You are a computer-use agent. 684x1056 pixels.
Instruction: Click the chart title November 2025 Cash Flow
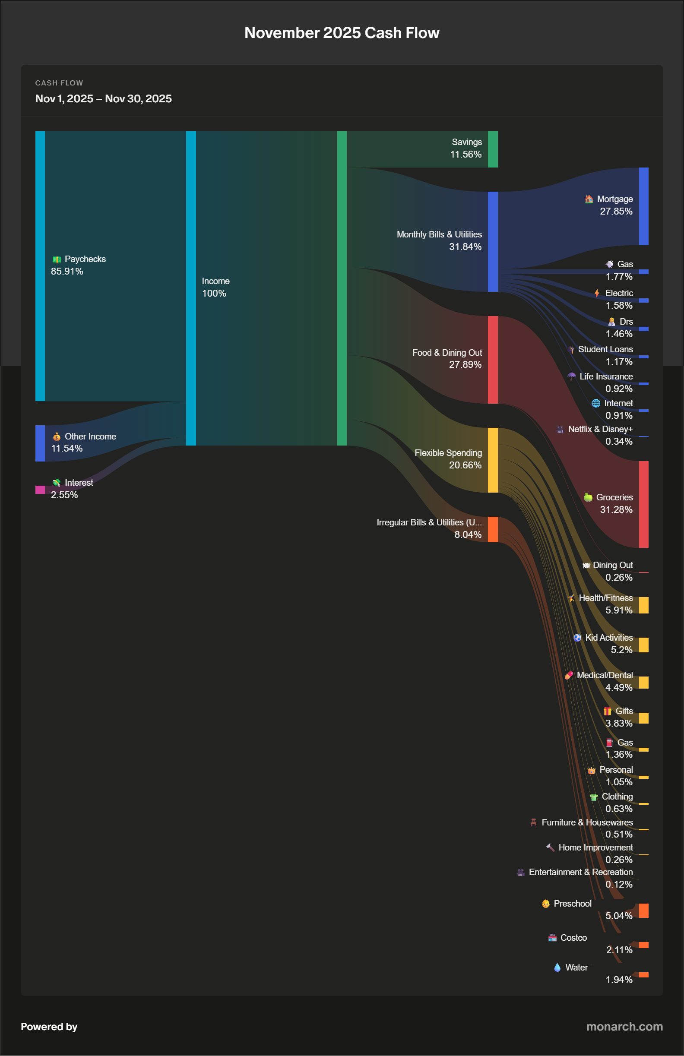tap(341, 33)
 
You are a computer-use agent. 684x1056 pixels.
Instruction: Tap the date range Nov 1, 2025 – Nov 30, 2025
tap(104, 98)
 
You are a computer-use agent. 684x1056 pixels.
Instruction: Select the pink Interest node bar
tap(40, 490)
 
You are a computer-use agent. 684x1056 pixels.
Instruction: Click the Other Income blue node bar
tap(40, 443)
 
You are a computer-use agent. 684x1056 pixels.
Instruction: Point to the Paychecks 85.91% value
tap(67, 271)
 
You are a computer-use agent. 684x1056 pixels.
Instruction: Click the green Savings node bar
tap(492, 149)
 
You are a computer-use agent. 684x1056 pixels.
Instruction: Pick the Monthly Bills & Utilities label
tap(439, 234)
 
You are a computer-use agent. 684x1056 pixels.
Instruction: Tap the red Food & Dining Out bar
tap(492, 359)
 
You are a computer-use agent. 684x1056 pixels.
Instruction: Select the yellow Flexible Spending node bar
tap(492, 460)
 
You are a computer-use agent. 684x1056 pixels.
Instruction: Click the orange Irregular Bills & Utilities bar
tap(492, 529)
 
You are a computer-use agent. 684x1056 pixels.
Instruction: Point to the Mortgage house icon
tap(589, 199)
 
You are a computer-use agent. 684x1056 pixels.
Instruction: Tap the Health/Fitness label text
tap(605, 598)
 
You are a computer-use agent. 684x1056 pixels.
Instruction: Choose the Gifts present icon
tap(607, 711)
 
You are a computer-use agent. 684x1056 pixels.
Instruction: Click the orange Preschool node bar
tap(643, 911)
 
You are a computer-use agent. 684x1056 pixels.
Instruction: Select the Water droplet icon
tap(557, 967)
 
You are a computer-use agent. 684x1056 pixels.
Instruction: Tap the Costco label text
tap(573, 938)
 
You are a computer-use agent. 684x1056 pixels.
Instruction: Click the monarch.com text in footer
tap(624, 1026)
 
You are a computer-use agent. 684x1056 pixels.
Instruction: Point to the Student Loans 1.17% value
tap(619, 362)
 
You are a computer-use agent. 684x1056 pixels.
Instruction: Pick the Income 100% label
tap(215, 287)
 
